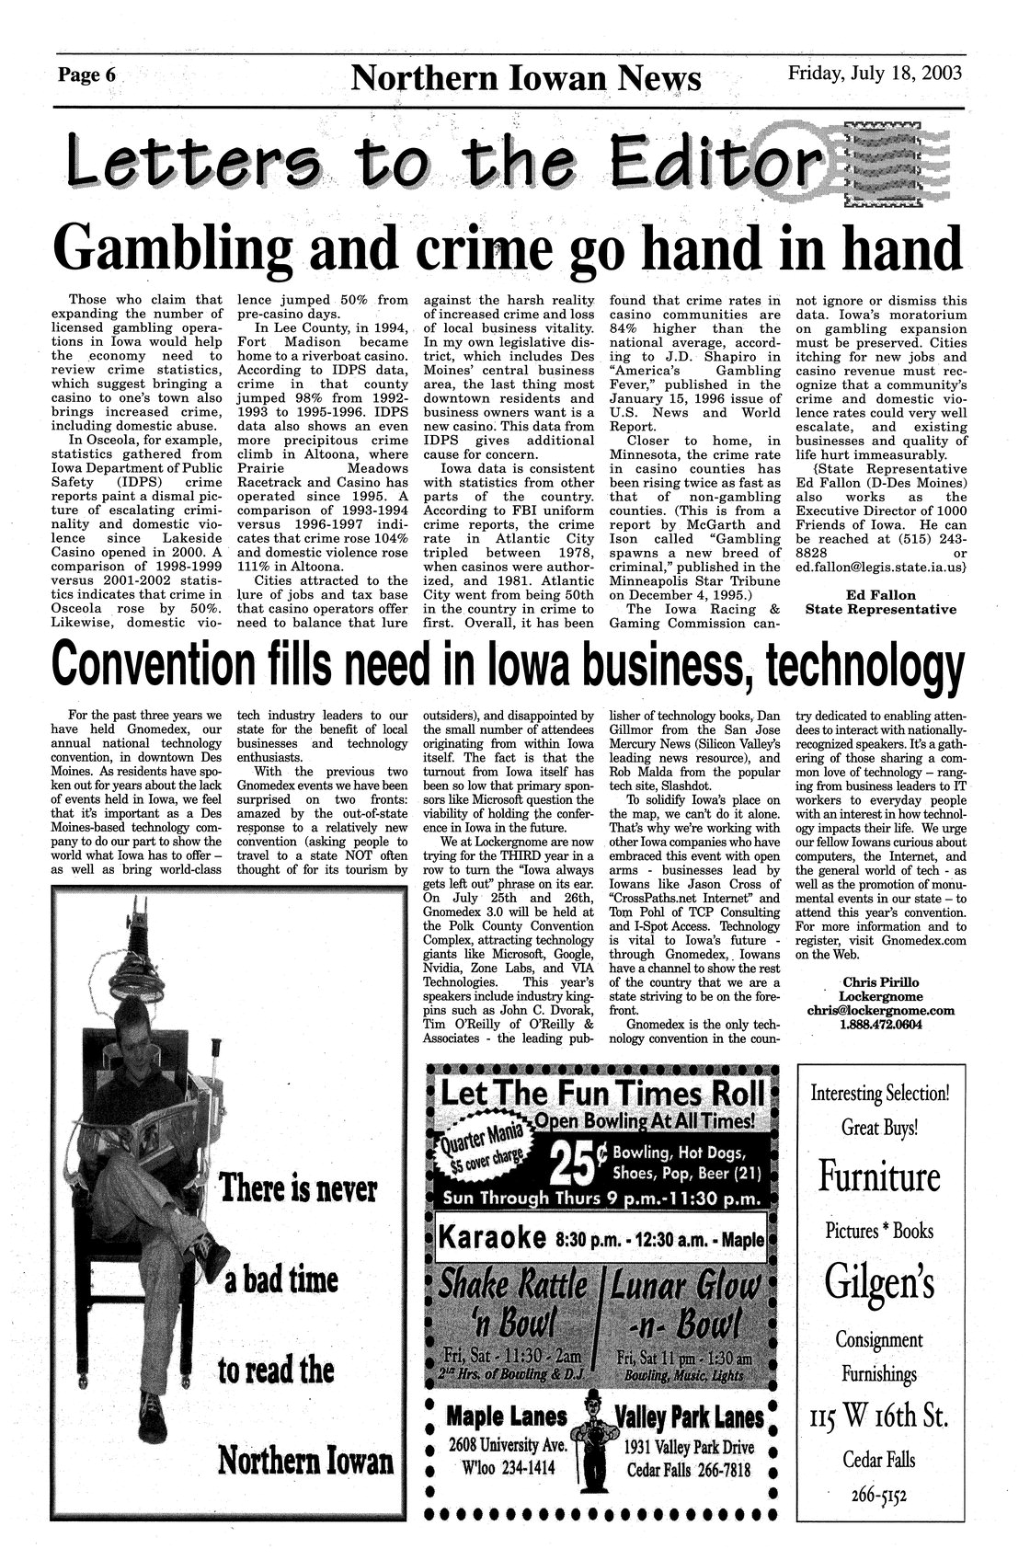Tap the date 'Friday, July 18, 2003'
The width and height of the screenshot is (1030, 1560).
[875, 73]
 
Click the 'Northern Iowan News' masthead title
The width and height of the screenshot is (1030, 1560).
[527, 78]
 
